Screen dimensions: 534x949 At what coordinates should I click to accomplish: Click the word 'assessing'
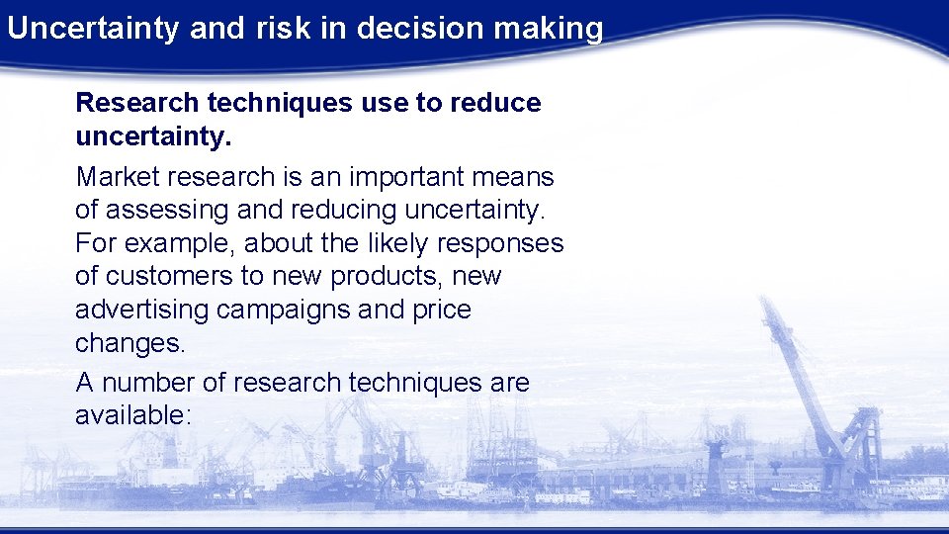(x=164, y=210)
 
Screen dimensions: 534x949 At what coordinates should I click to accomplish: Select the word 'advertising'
(x=141, y=310)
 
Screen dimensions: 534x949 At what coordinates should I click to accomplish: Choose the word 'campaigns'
(x=283, y=310)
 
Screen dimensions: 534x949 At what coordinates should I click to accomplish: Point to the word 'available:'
(x=131, y=415)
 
